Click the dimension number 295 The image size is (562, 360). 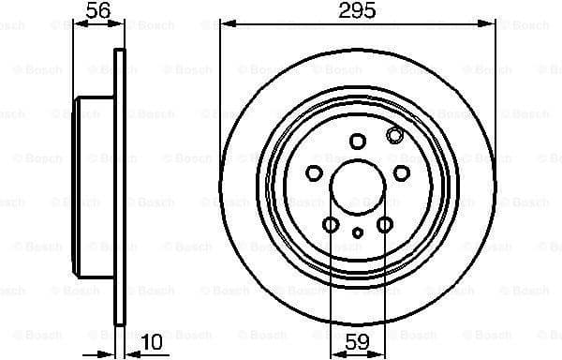[356, 11]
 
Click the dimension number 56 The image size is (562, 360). [96, 11]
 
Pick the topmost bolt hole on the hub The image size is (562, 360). [357, 141]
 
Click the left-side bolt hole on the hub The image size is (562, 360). [315, 172]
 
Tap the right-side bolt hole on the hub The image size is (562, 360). [401, 172]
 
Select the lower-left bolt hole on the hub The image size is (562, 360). [331, 224]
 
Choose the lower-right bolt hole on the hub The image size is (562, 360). [385, 224]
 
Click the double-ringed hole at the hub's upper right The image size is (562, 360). [394, 136]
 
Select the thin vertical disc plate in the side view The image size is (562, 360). [118, 187]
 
